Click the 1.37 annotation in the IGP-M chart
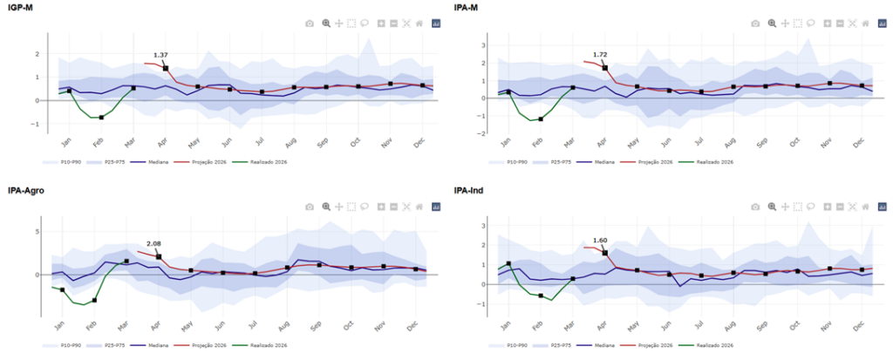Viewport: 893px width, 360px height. pyautogui.click(x=160, y=56)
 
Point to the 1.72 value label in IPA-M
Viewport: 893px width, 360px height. pyautogui.click(x=600, y=55)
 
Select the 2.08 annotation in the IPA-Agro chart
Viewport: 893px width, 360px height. pyautogui.click(x=154, y=245)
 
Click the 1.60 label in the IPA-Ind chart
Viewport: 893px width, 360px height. pyautogui.click(x=600, y=241)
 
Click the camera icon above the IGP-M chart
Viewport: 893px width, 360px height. pyautogui.click(x=310, y=24)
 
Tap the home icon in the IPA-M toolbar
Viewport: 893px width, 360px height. pyautogui.click(x=865, y=24)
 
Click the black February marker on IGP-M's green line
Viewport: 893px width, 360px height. pyautogui.click(x=101, y=117)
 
